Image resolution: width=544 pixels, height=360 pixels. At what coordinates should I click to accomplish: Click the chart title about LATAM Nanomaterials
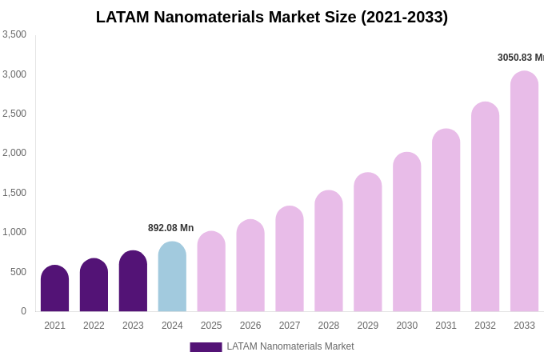point(272,17)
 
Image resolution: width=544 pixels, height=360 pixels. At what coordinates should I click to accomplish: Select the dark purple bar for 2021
point(54,289)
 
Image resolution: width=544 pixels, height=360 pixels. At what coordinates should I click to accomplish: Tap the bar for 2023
point(133,282)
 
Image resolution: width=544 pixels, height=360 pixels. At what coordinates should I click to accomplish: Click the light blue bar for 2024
point(172,277)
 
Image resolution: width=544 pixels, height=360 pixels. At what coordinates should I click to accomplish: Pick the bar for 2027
point(290,259)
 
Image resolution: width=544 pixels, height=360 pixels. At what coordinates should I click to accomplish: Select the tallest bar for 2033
point(524,192)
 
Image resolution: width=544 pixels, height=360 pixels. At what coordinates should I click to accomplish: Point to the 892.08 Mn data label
point(170,228)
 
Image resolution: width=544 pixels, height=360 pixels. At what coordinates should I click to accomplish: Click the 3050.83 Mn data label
point(520,58)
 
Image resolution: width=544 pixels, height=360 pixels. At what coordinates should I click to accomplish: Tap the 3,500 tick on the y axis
point(14,34)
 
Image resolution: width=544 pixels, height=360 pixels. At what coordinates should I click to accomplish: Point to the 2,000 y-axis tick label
point(14,153)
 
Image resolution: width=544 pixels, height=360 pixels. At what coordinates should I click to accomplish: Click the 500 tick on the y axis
point(18,272)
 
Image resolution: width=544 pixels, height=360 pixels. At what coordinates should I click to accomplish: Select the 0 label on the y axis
point(23,311)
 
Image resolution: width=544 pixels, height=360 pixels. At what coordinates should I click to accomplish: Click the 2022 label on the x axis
point(94,326)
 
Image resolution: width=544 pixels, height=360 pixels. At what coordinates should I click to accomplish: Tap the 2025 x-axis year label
point(211,326)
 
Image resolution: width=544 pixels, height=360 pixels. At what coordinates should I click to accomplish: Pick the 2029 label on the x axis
point(368,326)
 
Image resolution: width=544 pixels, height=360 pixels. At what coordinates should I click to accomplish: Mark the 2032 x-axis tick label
point(485,326)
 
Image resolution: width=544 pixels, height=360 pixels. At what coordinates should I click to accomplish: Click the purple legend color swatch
point(206,347)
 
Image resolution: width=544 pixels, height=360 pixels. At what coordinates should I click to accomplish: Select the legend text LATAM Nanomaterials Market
point(290,346)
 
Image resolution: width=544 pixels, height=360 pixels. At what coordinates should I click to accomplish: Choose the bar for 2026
point(250,266)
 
